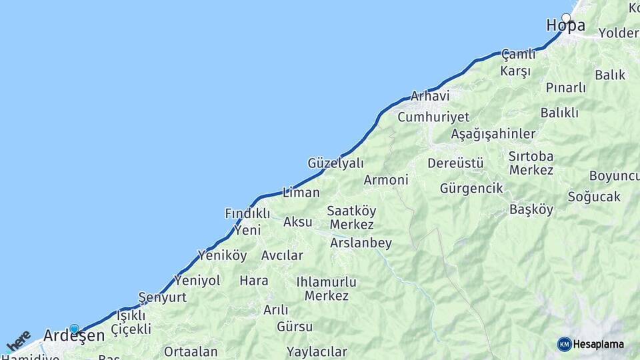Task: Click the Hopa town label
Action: tap(565, 26)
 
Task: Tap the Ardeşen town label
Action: tap(74, 336)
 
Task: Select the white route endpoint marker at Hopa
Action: tap(566, 17)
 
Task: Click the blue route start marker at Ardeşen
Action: tap(74, 329)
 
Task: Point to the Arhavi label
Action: tap(430, 96)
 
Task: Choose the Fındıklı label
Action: tap(247, 213)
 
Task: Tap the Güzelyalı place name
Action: tap(335, 163)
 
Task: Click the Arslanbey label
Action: tap(361, 243)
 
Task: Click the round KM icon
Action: tap(564, 345)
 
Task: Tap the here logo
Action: tap(18, 341)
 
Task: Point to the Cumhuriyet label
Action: tap(433, 117)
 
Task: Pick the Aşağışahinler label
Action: tap(493, 134)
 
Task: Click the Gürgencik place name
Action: tap(471, 189)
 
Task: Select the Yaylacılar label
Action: tap(317, 351)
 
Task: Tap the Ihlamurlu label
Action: tap(326, 282)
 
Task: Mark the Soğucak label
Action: tap(594, 197)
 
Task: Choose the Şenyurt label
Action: tap(162, 297)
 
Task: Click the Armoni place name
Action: tap(386, 180)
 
